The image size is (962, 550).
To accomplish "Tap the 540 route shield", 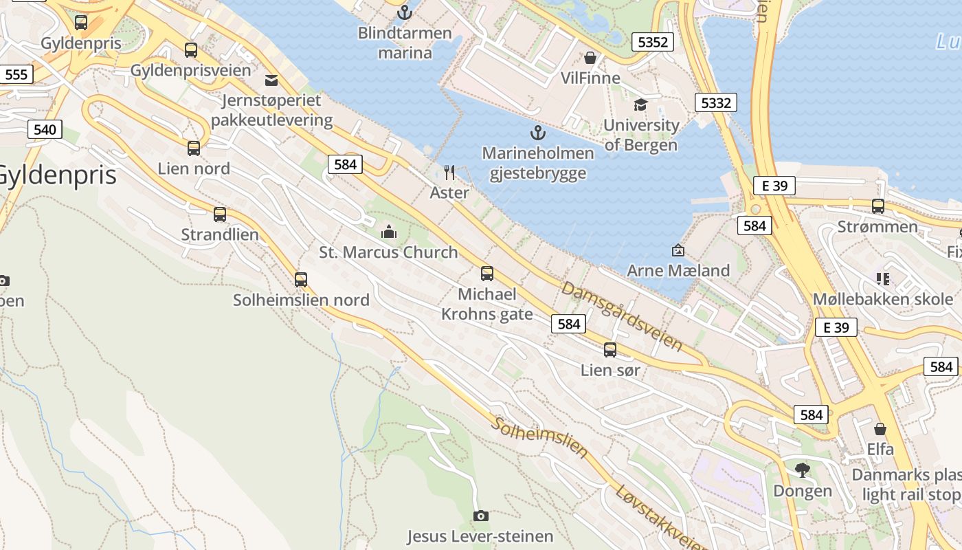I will point(45,129).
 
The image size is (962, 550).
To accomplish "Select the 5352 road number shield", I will point(652,42).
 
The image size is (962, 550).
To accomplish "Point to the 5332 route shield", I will point(715,103).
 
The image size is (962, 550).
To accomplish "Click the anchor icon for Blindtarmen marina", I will point(405,12).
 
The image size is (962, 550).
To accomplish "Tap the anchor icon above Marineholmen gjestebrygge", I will point(537,132).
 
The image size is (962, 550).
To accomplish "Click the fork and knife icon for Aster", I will point(449,172).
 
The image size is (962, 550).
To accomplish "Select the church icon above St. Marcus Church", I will point(389,232).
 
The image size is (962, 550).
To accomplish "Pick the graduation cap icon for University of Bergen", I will point(640,104).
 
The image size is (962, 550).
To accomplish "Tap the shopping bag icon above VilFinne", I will point(590,57).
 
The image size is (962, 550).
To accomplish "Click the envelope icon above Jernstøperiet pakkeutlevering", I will point(271,80).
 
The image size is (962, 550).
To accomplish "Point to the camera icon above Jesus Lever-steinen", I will point(481,516).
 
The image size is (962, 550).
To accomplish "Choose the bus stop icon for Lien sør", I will point(610,350).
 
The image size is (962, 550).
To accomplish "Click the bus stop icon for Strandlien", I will point(220,214).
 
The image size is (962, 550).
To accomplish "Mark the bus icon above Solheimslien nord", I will point(301,280).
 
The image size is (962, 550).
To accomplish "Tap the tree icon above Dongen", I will point(802,470).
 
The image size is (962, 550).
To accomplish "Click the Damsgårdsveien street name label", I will point(622,316).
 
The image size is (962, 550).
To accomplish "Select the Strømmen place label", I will point(877,227).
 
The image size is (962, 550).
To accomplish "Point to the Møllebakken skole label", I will point(883,299).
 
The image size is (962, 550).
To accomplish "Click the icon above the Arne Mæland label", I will point(678,250).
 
